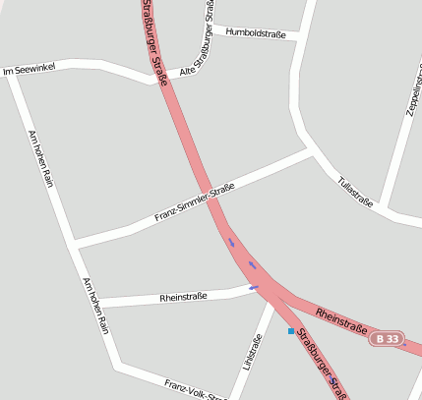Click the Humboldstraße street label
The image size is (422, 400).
click(255, 33)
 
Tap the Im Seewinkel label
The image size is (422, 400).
click(30, 69)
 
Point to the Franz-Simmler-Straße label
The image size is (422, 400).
click(195, 202)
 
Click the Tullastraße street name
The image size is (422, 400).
click(355, 191)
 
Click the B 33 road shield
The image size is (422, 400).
click(388, 339)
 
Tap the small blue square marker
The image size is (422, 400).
click(291, 331)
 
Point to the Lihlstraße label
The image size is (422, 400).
click(253, 353)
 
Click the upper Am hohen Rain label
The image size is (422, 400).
click(40, 158)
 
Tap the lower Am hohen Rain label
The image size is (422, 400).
click(95, 306)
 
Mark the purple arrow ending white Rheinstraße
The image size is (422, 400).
click(254, 287)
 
